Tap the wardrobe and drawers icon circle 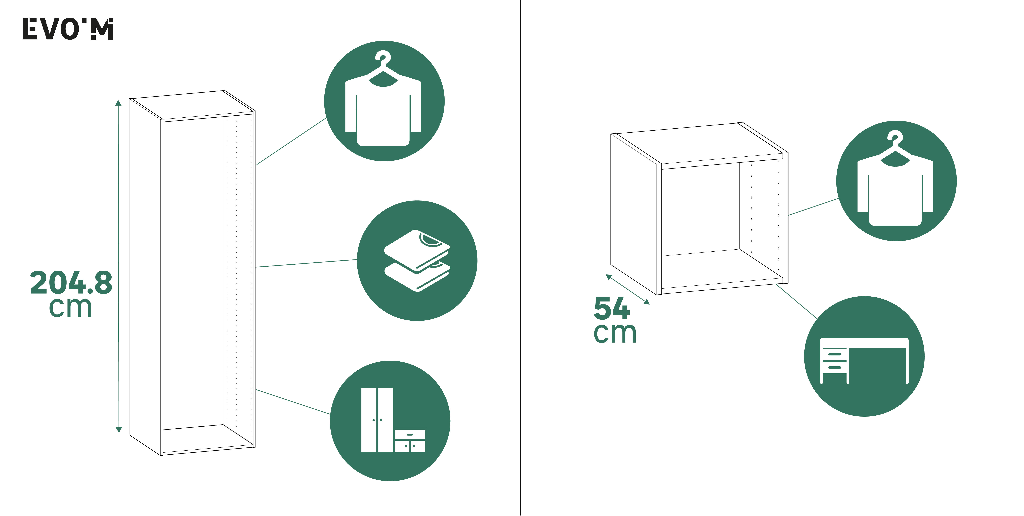click(390, 421)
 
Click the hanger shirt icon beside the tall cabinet click(384, 101)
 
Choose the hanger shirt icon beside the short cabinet click(896, 181)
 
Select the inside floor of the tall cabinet click(207, 437)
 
